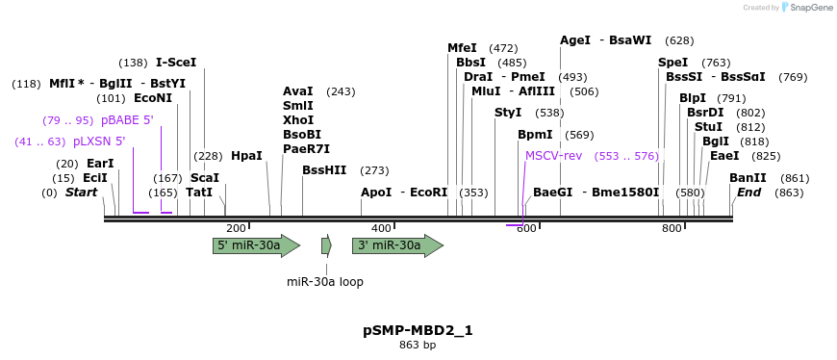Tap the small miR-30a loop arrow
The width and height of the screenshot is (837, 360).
pos(326,245)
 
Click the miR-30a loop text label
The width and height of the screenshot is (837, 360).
pos(325,282)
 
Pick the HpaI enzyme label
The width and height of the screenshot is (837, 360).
pos(246,156)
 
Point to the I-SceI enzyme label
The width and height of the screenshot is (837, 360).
pos(176,63)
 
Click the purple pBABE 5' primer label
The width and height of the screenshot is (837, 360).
pos(127,120)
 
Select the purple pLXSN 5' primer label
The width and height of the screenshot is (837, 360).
pos(99,141)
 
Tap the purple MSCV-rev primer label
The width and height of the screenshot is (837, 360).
pos(553,156)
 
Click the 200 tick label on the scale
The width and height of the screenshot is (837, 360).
pos(236,228)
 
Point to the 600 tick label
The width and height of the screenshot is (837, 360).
pos(526,228)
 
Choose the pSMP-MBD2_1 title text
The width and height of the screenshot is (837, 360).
pos(418,330)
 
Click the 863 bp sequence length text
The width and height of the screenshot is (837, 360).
pos(418,346)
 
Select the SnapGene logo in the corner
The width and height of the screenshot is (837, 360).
pos(806,8)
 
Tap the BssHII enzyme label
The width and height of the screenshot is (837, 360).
pos(324,170)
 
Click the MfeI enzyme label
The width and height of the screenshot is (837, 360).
pos(462,48)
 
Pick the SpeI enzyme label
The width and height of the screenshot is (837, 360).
pos(673,63)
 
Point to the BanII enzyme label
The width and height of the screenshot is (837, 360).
pos(748,178)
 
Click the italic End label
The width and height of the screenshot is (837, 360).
pos(748,193)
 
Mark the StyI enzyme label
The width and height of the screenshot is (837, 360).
pos(508,113)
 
